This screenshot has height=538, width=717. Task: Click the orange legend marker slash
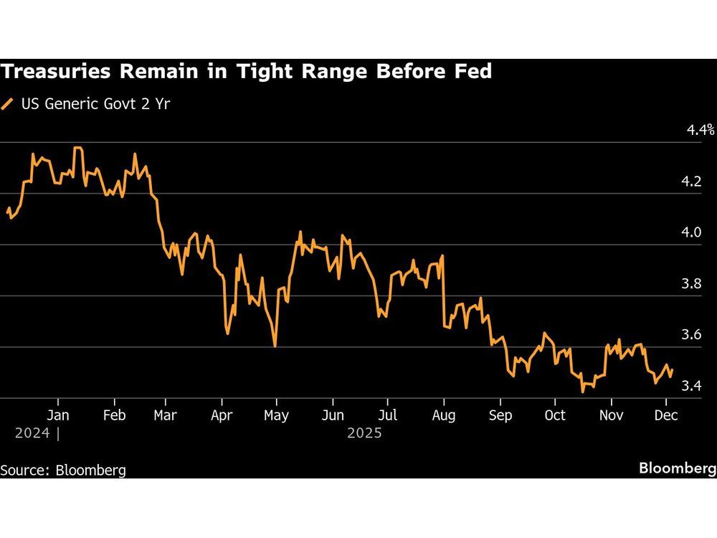click(8, 103)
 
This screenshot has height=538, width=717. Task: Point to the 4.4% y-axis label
click(701, 130)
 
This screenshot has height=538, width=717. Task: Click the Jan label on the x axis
click(57, 415)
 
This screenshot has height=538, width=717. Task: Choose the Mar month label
click(166, 415)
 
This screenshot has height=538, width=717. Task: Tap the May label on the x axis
click(276, 415)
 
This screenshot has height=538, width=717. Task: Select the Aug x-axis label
click(444, 415)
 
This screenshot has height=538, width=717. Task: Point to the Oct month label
click(555, 415)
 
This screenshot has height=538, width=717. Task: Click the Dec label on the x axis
click(665, 415)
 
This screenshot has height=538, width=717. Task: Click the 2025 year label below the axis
click(364, 433)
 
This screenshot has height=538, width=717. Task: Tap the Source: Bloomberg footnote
click(63, 470)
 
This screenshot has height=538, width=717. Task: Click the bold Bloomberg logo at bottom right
click(677, 468)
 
